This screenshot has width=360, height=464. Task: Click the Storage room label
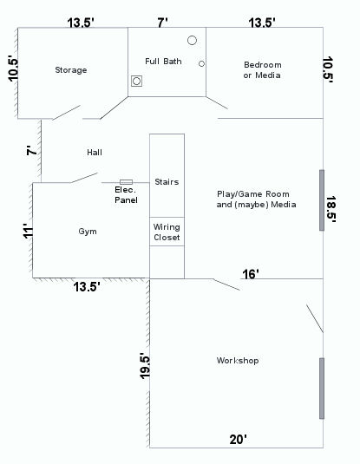click(x=70, y=70)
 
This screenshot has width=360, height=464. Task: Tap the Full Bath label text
click(x=163, y=61)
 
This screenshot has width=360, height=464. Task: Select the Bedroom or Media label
click(x=262, y=70)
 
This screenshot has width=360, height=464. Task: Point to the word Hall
click(x=95, y=153)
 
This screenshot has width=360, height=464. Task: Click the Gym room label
click(x=88, y=232)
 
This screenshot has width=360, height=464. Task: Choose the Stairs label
click(x=166, y=182)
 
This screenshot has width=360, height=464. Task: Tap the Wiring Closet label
click(x=167, y=232)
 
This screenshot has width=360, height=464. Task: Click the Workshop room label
click(x=237, y=361)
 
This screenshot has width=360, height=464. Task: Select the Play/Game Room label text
click(x=256, y=199)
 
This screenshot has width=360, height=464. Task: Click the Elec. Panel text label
click(x=126, y=194)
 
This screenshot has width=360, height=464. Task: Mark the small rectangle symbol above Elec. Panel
click(x=126, y=182)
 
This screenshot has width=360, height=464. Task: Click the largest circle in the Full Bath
click(x=192, y=41)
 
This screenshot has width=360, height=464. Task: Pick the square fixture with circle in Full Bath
click(x=137, y=82)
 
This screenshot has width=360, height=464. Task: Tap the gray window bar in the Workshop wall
click(x=321, y=388)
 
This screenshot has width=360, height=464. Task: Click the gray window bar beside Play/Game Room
click(x=321, y=199)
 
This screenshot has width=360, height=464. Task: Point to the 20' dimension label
click(x=239, y=440)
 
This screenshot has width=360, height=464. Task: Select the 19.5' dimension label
click(x=144, y=365)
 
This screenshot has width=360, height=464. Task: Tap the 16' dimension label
click(x=251, y=274)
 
